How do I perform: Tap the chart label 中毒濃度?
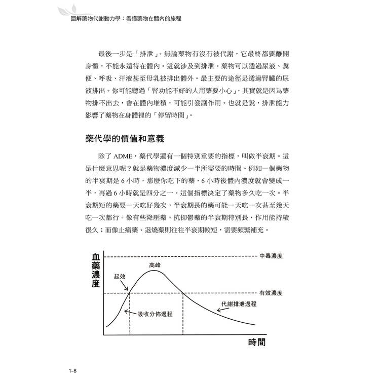(x=271, y=256)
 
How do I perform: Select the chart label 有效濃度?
(x=271, y=293)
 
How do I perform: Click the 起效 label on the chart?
(x=120, y=277)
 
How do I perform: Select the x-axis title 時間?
(x=257, y=343)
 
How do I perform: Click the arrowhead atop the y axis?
(x=104, y=251)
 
